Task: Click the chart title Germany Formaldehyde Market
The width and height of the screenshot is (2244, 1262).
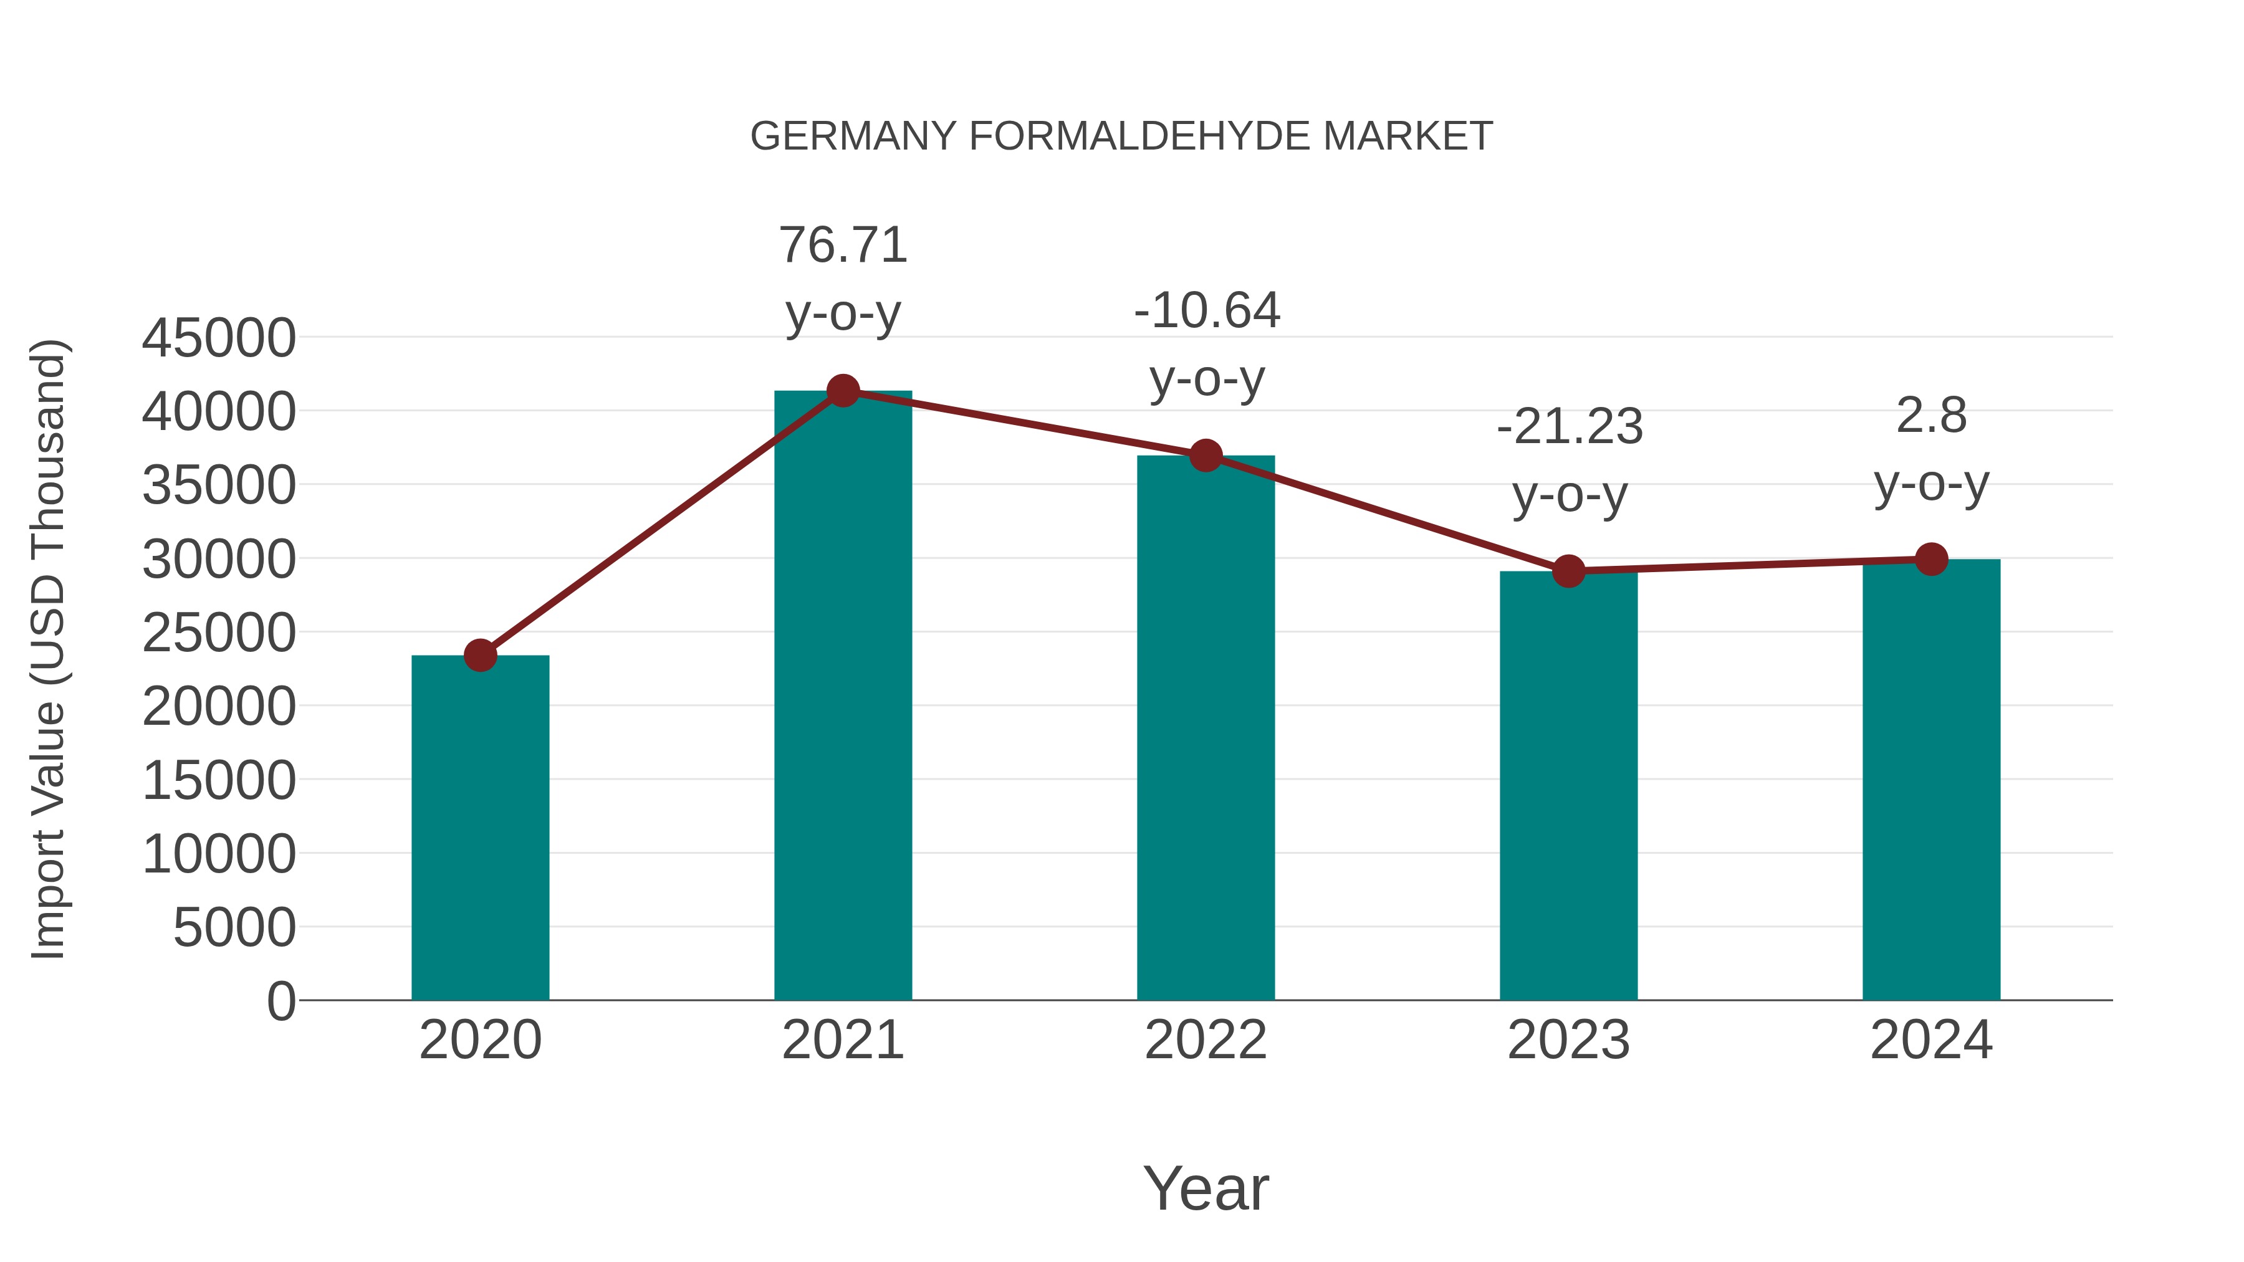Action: click(1121, 136)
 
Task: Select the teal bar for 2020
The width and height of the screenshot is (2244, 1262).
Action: click(480, 828)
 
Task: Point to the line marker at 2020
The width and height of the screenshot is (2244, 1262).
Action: click(480, 655)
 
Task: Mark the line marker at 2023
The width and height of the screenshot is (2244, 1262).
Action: click(1568, 571)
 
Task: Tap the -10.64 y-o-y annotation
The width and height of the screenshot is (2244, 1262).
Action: click(1207, 344)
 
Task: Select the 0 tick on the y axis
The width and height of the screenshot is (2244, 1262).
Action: click(281, 1001)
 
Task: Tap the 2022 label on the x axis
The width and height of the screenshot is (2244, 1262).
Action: click(1206, 1040)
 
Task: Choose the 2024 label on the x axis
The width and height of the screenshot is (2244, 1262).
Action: click(1931, 1040)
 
